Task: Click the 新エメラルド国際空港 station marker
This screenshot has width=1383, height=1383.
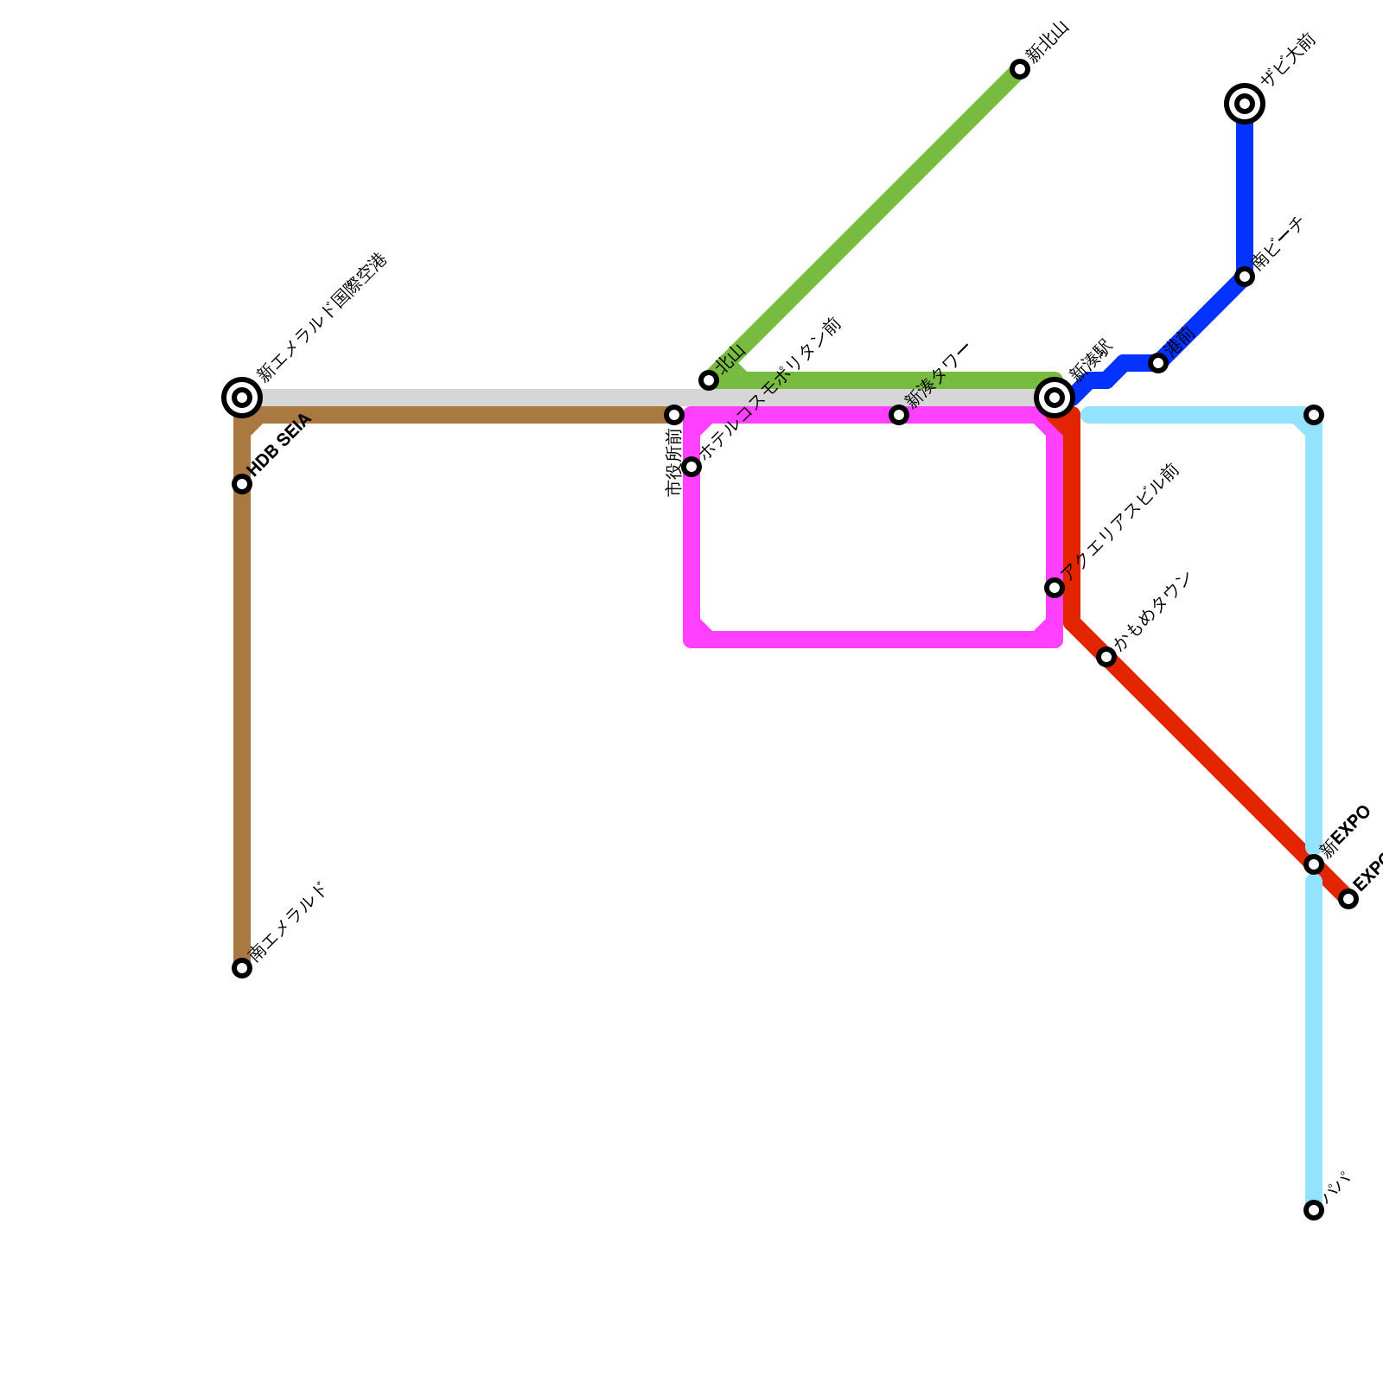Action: [x=242, y=398]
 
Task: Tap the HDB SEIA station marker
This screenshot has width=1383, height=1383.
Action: [x=242, y=484]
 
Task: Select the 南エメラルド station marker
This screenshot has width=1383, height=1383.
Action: [x=242, y=968]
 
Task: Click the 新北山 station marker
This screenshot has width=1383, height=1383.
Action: [x=1020, y=69]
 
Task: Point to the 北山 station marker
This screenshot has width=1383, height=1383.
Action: [x=709, y=380]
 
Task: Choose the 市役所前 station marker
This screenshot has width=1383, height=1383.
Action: [x=674, y=415]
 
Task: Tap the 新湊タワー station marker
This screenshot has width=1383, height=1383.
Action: [x=899, y=415]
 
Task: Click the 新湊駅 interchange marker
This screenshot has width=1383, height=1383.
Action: [x=1055, y=398]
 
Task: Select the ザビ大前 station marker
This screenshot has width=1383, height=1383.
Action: [x=1245, y=104]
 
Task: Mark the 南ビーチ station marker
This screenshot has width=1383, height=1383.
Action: [x=1245, y=277]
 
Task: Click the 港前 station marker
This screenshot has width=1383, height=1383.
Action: [x=1158, y=363]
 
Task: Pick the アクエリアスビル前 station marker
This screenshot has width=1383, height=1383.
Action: [x=1055, y=588]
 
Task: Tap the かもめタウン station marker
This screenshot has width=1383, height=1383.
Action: [x=1106, y=657]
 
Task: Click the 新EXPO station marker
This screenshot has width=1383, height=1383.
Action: [x=1314, y=864]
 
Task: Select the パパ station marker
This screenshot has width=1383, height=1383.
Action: [x=1314, y=1210]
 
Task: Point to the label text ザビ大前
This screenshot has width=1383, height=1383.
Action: [x=1287, y=60]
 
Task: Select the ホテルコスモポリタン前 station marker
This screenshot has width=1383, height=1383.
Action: [x=691, y=467]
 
